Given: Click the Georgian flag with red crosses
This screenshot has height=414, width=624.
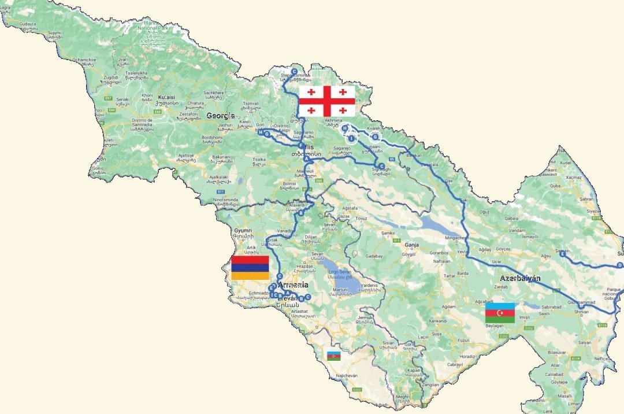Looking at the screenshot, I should click(x=326, y=101).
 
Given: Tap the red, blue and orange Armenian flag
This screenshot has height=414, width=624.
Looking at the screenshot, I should click(x=250, y=267).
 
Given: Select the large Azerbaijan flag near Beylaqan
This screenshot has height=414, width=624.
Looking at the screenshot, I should click(x=500, y=313).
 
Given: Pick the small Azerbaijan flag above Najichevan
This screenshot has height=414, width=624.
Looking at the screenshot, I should click(x=333, y=356).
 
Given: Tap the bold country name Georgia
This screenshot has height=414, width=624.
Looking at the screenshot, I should click(x=220, y=116).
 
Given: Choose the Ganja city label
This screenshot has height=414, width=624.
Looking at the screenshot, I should click(x=411, y=245).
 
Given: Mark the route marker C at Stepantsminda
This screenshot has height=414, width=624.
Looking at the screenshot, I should click(x=294, y=72).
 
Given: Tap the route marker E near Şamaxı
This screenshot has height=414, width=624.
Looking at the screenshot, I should click(x=562, y=253).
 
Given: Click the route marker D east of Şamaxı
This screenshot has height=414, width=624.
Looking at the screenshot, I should click(x=619, y=265).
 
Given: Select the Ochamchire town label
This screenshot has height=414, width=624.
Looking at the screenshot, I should click(x=83, y=60).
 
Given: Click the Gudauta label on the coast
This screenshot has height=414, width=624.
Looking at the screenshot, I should click(x=28, y=24).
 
